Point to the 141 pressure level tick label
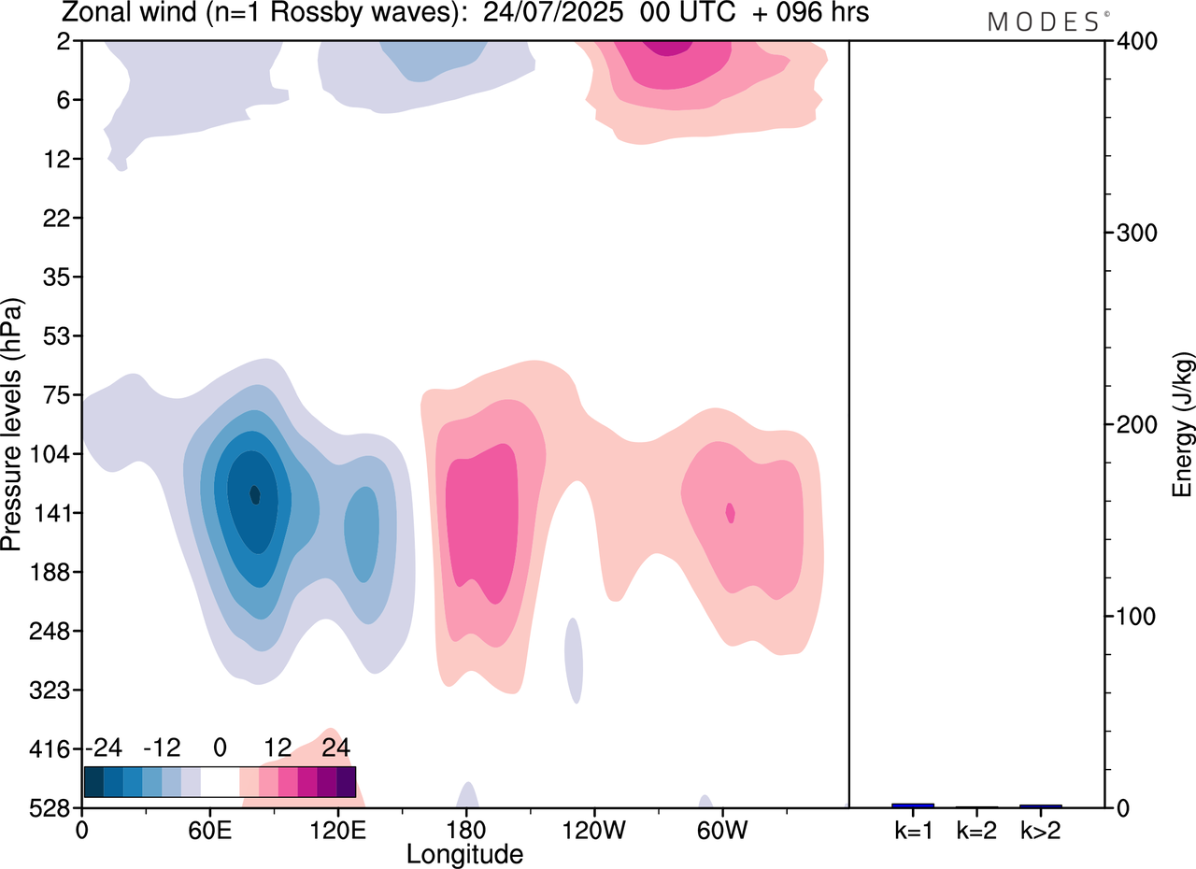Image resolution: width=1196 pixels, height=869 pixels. [55, 513]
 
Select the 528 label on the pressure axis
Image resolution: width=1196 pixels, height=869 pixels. [55, 807]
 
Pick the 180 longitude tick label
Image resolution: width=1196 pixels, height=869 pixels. [464, 829]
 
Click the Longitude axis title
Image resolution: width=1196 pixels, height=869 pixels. [464, 853]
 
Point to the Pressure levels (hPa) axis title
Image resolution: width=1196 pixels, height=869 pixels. [13, 425]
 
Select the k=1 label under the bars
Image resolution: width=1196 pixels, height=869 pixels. [913, 829]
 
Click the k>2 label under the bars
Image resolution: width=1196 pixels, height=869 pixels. [1040, 829]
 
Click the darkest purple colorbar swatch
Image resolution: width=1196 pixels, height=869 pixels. [346, 781]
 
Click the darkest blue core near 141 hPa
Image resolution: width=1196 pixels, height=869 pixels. [254, 494]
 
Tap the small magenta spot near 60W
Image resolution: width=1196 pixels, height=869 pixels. [731, 512]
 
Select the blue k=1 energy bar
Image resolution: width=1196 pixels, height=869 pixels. [913, 805]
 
